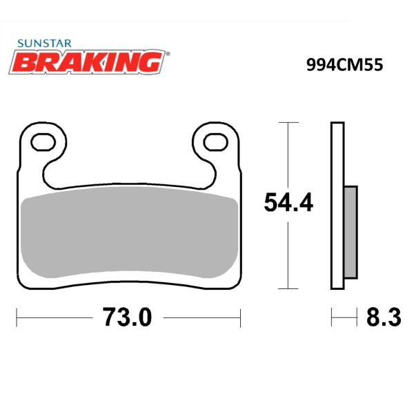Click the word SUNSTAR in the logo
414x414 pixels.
coord(44,43)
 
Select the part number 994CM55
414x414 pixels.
coord(344,65)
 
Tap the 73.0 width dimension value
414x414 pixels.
coord(127,317)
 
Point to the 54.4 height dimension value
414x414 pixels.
coord(288,202)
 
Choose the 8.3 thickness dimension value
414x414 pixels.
coord(384,317)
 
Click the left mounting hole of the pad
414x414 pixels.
coord(43,142)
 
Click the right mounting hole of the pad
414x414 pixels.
coord(215,142)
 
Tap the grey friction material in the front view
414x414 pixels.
coord(130,233)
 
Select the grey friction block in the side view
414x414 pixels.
coord(351,233)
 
